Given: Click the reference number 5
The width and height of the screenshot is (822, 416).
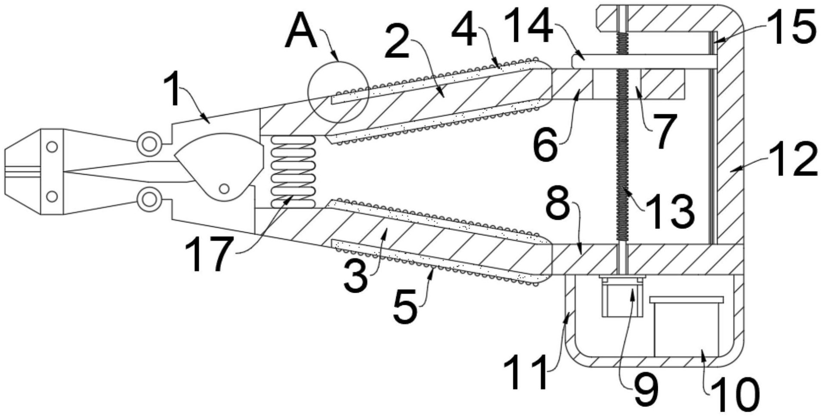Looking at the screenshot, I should tap(405, 307).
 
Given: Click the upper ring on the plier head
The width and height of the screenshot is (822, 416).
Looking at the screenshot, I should tap(149, 144).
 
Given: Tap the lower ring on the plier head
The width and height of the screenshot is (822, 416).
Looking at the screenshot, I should tap(149, 199).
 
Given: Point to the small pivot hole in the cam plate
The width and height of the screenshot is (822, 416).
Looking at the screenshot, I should tap(224, 188).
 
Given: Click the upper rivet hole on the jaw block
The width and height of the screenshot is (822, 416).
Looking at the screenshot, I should tap(52, 147).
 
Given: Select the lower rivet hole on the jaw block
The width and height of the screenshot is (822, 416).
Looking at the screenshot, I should tap(52, 197).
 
